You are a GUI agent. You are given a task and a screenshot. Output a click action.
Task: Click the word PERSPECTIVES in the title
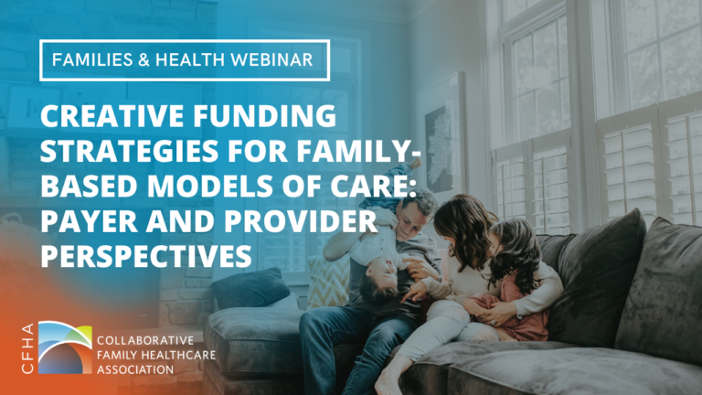(146, 255)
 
